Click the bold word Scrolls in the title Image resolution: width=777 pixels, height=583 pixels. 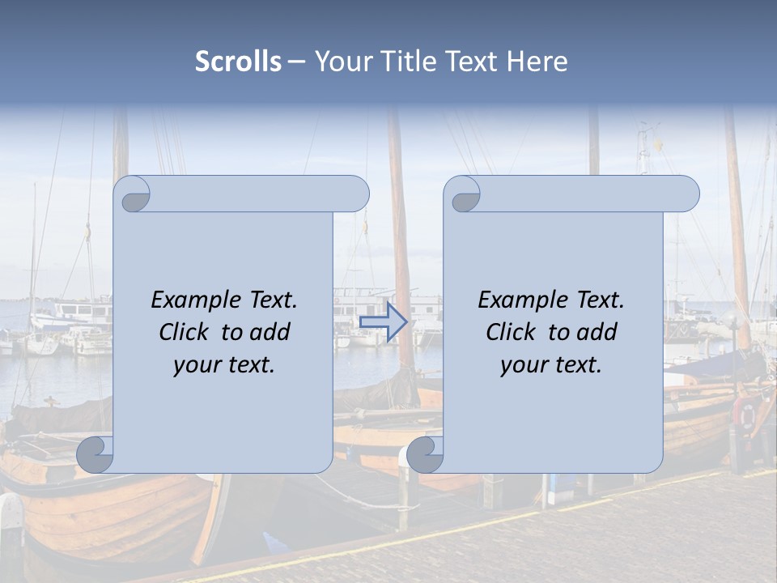pyautogui.click(x=238, y=61)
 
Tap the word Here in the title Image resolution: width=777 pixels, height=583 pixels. pyautogui.click(x=537, y=61)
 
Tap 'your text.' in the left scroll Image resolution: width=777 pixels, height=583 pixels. pyautogui.click(x=224, y=365)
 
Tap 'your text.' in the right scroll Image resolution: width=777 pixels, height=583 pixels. pyautogui.click(x=551, y=365)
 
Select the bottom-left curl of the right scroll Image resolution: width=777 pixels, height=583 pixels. pyautogui.click(x=426, y=453)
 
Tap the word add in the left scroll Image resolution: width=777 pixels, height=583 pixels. pyautogui.click(x=270, y=332)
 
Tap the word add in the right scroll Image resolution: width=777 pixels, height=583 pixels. pyautogui.click(x=597, y=332)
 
